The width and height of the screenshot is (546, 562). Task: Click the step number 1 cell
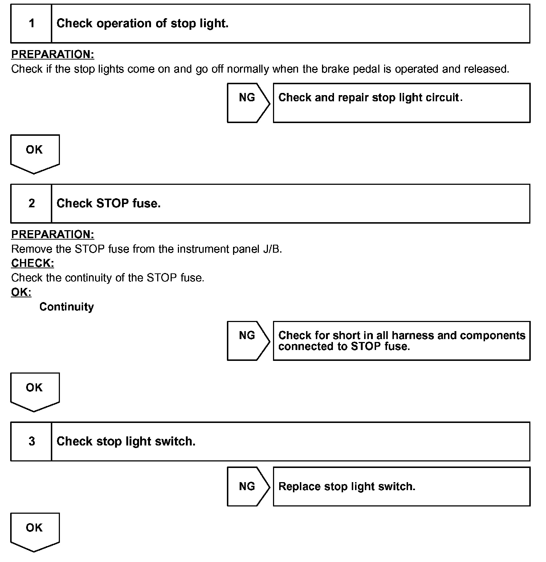(x=32, y=24)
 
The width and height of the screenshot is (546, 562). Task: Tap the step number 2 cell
(x=32, y=203)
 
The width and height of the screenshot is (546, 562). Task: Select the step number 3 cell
(x=32, y=441)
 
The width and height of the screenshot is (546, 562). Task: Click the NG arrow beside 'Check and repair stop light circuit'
(x=248, y=103)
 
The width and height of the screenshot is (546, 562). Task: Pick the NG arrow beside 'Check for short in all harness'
(x=248, y=341)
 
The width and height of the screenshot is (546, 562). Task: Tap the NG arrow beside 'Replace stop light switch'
(x=248, y=486)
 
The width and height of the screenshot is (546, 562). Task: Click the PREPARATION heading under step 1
(x=53, y=54)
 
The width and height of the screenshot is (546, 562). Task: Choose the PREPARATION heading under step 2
(x=53, y=235)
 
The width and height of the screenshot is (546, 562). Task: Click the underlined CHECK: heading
(x=33, y=263)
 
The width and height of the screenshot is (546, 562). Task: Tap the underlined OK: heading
(x=21, y=292)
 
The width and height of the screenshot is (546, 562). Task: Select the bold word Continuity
(x=66, y=307)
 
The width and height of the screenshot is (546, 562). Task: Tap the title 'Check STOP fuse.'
(x=109, y=203)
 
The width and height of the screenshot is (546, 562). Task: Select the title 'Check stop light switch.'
(x=126, y=441)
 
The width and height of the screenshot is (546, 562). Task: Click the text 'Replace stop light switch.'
(x=347, y=486)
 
